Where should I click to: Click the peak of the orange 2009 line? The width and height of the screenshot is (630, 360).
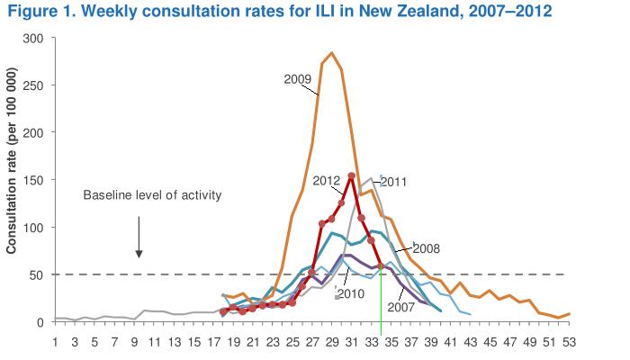[331, 53]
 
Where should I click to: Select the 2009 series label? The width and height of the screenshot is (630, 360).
[298, 78]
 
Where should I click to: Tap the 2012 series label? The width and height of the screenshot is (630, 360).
[326, 180]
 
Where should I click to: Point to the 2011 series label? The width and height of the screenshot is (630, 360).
[394, 181]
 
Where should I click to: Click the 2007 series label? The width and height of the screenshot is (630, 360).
[400, 306]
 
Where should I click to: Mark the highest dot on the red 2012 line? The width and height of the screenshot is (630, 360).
[351, 175]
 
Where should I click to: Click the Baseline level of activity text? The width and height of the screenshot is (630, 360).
[152, 195]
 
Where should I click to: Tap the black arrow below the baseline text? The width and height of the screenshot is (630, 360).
[139, 238]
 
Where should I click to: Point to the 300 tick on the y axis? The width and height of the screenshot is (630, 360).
[34, 39]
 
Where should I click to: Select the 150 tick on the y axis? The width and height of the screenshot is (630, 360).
[34, 180]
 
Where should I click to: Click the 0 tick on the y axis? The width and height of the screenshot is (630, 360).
[40, 321]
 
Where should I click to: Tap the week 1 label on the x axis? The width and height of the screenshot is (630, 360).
[56, 342]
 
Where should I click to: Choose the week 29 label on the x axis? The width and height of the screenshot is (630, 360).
[330, 342]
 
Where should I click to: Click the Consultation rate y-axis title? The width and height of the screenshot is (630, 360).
[12, 180]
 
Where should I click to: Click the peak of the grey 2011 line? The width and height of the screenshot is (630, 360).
[370, 178]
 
